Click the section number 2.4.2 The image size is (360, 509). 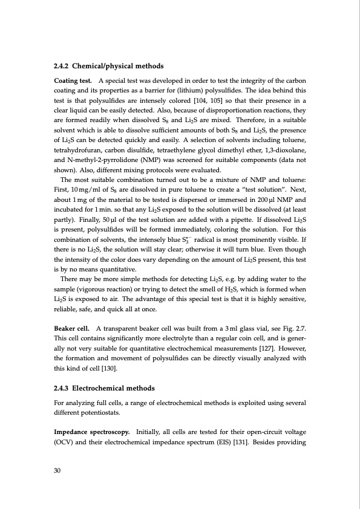point(64,65)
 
